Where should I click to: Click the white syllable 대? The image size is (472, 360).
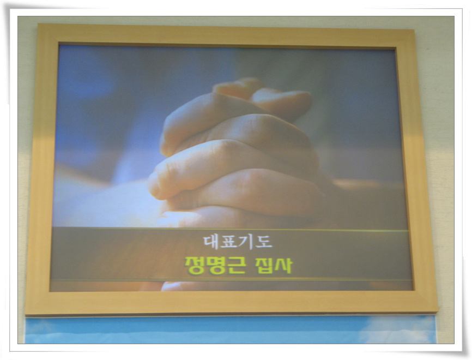coord(211,242)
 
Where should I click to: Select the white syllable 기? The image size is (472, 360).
coord(246,242)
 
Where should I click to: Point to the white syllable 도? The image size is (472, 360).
coord(264,242)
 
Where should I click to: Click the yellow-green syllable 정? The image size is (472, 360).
coord(195,266)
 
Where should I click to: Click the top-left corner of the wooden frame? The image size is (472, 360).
coord(38,24)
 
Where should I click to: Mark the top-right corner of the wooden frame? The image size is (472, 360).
coord(414,30)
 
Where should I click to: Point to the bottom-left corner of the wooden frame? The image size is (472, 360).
coord(25,314)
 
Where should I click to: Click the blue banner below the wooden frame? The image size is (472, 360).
coord(231,329)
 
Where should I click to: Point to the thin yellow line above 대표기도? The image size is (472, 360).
coord(230,230)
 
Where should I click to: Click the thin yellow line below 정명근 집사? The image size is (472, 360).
coord(231,280)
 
